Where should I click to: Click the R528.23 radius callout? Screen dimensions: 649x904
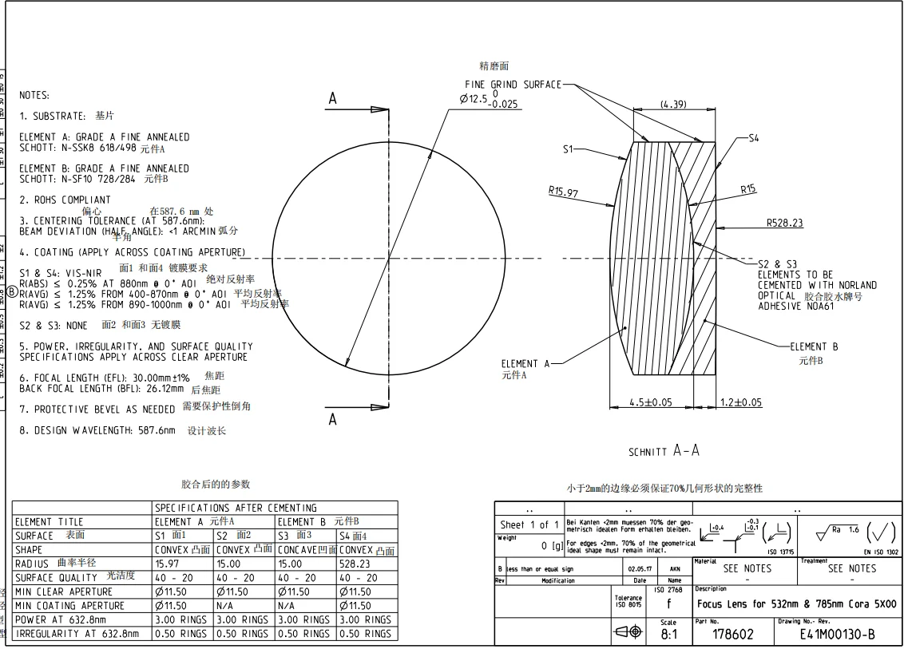[x=784, y=224]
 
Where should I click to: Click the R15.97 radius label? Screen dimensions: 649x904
[x=563, y=192]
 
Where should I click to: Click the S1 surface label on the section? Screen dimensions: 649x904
[x=569, y=148]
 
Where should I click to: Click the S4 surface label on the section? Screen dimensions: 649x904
[x=753, y=138]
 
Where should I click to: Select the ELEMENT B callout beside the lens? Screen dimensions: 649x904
[x=814, y=346]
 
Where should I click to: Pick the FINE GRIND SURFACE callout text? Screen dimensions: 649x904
[x=513, y=85]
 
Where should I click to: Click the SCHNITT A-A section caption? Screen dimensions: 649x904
[x=664, y=451]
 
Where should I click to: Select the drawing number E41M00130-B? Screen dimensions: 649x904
[x=837, y=634]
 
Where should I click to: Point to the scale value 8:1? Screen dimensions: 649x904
[x=668, y=635]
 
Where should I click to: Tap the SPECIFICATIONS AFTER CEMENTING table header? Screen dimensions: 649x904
[x=236, y=508]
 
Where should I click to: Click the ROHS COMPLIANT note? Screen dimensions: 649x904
[x=65, y=200]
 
